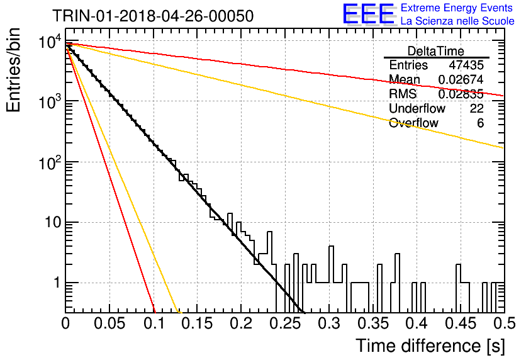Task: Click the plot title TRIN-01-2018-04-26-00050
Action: (153, 16)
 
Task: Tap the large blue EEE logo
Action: (368, 14)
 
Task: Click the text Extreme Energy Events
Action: (457, 8)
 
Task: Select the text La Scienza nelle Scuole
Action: (457, 21)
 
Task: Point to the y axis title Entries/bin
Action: (13, 70)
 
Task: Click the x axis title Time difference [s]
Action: (430, 346)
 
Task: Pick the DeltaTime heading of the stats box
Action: (436, 51)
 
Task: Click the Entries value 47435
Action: (466, 65)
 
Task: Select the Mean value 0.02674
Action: (461, 79)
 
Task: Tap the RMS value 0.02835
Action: (461, 94)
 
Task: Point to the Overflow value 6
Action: (480, 123)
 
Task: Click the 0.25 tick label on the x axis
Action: (286, 323)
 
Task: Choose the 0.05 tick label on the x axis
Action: (109, 323)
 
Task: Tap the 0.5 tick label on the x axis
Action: (504, 323)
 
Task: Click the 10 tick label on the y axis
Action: (53, 222)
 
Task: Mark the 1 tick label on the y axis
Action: (57, 283)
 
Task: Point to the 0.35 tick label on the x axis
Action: (373, 323)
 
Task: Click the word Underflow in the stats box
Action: (417, 108)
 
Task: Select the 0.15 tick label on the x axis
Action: (198, 323)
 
